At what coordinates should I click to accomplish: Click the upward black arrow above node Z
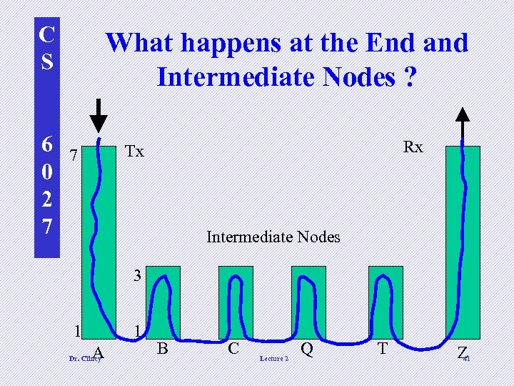pos(463,123)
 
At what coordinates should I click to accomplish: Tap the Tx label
pos(134,152)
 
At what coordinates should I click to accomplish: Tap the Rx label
pos(413,147)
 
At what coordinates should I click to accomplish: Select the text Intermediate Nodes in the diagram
pos(273,237)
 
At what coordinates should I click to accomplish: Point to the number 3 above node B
pos(139,274)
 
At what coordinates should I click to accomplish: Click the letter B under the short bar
pos(163,349)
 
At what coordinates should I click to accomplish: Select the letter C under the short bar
pos(233,349)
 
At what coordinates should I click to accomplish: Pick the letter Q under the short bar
pos(308,349)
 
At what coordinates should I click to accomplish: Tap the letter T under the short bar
pos(383,349)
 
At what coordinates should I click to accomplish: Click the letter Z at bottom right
pos(462,352)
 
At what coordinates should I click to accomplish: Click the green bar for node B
pos(163,300)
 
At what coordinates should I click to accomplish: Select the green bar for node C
pos(236,300)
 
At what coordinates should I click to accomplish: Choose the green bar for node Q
pos(308,300)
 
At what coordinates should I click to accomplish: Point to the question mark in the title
pos(408,75)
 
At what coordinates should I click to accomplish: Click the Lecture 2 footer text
pos(274,358)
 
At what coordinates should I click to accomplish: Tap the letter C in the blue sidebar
pos(46,34)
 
